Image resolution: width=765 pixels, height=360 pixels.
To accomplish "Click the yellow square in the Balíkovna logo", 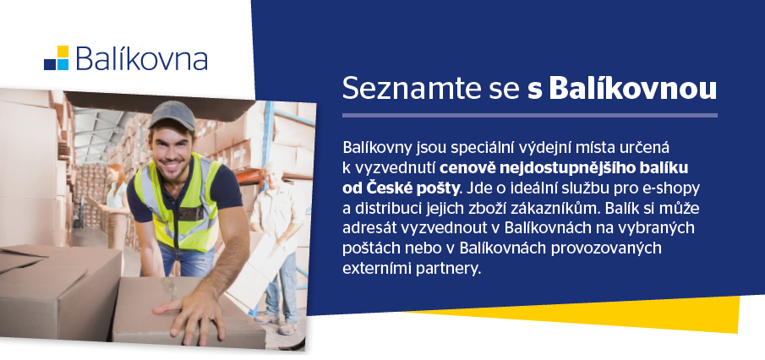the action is pyautogui.click(x=63, y=52).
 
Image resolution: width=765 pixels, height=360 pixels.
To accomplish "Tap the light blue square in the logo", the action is pyautogui.click(x=63, y=64).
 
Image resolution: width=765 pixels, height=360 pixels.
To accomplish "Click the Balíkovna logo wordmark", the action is pyautogui.click(x=141, y=58).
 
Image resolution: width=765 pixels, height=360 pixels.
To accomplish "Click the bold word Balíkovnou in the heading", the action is pyautogui.click(x=633, y=88).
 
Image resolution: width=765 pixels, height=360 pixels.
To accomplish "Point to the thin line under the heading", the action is pyautogui.click(x=530, y=116).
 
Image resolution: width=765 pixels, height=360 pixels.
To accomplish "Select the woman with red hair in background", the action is pyautogui.click(x=116, y=205).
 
